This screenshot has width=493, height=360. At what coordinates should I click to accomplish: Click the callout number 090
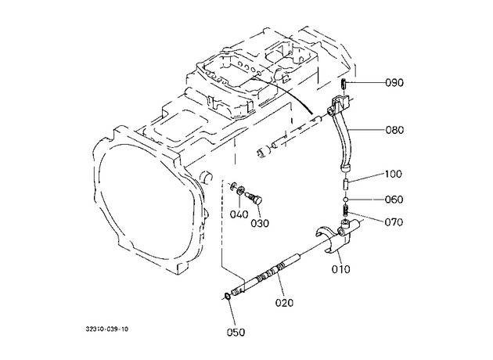(394, 83)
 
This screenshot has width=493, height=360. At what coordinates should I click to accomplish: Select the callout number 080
(394, 130)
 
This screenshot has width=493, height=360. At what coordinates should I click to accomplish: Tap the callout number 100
(393, 174)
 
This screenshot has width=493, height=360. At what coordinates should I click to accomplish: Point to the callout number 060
(394, 200)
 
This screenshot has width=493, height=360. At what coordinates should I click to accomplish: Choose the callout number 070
(394, 222)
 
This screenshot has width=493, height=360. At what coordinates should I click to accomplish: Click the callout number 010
(341, 269)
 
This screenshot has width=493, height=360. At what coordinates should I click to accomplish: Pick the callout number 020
(284, 303)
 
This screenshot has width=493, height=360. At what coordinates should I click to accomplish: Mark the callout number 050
(236, 332)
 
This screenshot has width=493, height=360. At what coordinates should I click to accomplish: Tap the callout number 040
(239, 214)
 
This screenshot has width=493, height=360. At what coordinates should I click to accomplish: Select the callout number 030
(260, 223)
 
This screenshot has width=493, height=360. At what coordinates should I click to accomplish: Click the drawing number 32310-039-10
(107, 329)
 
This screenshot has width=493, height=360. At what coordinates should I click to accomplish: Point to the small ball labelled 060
(345, 200)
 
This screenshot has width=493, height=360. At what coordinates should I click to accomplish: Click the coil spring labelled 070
(345, 210)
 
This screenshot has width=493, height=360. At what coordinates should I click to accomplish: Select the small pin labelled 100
(345, 183)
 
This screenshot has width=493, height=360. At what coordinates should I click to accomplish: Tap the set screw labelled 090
(344, 84)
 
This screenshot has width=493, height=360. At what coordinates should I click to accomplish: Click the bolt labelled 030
(255, 198)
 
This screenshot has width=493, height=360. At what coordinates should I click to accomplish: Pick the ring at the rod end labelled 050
(227, 296)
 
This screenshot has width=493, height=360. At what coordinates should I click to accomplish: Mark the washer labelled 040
(241, 190)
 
